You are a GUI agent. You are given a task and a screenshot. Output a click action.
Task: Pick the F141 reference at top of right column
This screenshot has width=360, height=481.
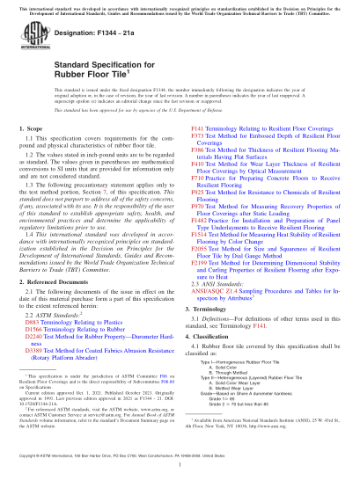click(x=198, y=128)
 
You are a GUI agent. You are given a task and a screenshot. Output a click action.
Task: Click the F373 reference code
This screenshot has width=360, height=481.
click(x=198, y=136)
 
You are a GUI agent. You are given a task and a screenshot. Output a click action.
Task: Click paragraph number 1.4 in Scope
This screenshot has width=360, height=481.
click(x=33, y=237)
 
